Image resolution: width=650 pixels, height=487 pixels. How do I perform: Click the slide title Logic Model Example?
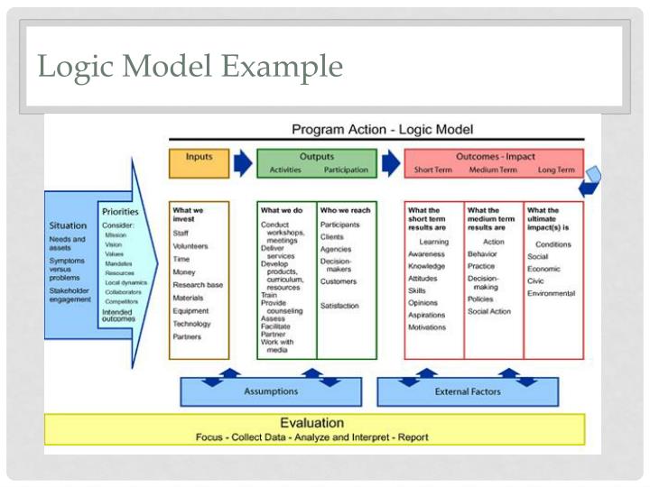coord(190,66)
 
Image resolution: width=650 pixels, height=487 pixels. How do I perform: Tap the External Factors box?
coord(468,391)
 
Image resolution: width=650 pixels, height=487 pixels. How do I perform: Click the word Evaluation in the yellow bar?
coord(311,422)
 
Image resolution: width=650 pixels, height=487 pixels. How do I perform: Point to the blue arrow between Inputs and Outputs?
coord(243,162)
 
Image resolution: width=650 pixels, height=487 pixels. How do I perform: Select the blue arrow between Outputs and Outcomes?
coord(390,162)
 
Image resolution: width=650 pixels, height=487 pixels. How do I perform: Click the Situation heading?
coord(68,225)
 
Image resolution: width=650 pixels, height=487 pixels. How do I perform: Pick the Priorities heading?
coord(120,211)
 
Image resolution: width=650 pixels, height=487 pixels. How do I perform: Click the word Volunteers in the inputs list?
coord(190,246)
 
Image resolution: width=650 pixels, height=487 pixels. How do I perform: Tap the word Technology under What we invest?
coord(191,324)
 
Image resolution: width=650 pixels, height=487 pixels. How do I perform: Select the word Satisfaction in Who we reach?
coord(339,306)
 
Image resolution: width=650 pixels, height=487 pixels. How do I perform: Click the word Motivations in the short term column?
coord(427,327)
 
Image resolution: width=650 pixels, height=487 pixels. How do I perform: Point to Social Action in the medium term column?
coord(489,311)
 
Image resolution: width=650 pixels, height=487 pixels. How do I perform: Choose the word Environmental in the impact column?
coord(551,293)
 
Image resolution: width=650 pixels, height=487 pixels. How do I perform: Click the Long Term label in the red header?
coord(555,170)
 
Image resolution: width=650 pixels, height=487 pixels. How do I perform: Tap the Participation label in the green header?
coord(346,170)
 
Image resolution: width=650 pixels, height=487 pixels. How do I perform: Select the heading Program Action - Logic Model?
coord(382,130)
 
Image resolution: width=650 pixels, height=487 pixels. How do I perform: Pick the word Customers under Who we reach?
coord(339,281)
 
